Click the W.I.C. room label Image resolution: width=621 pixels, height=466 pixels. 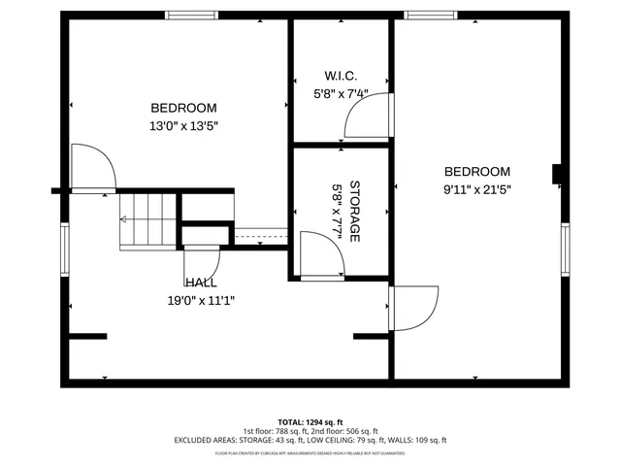pyautogui.click(x=341, y=76)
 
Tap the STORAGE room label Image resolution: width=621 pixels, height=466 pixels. pyautogui.click(x=355, y=211)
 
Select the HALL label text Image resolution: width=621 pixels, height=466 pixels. pyautogui.click(x=201, y=283)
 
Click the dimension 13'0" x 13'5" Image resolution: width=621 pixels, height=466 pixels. pyautogui.click(x=183, y=125)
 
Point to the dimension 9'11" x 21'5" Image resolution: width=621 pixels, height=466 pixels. pyautogui.click(x=476, y=190)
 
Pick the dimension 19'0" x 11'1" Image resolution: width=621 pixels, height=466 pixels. pyautogui.click(x=201, y=300)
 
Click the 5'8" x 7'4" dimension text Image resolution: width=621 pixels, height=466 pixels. pyautogui.click(x=341, y=94)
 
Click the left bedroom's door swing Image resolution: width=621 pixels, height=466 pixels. pyautogui.click(x=93, y=170)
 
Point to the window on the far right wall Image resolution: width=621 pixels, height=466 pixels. pyautogui.click(x=566, y=250)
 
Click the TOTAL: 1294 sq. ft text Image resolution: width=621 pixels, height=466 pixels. pyautogui.click(x=310, y=422)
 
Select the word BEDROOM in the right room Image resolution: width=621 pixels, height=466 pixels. pyautogui.click(x=476, y=172)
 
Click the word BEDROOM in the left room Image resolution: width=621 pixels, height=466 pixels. pyautogui.click(x=183, y=108)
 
